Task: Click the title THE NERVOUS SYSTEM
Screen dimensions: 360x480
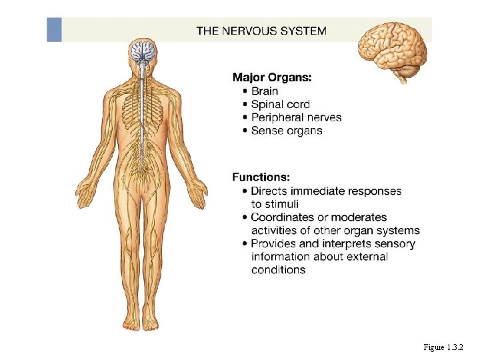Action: click(x=261, y=30)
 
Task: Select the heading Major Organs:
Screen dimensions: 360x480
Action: click(x=271, y=77)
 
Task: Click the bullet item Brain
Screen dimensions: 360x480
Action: click(x=265, y=91)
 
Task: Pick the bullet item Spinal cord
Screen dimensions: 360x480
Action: click(x=280, y=104)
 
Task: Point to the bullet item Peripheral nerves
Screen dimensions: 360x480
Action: click(x=296, y=117)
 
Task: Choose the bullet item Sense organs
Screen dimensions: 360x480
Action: click(x=287, y=131)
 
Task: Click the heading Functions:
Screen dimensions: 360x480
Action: click(x=261, y=177)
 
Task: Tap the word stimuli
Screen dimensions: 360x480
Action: click(x=275, y=204)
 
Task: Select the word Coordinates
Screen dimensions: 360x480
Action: click(x=285, y=217)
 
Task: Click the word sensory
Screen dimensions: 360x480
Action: click(x=393, y=243)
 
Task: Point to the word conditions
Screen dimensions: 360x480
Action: click(x=278, y=270)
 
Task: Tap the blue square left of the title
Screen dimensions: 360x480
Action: click(x=54, y=30)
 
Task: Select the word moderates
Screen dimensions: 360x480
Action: click(x=360, y=217)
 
